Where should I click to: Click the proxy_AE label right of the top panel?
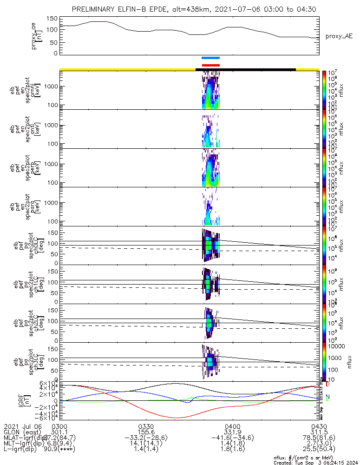[340, 36]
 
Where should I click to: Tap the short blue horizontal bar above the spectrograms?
[210, 58]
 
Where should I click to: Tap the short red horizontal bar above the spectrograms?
[210, 65]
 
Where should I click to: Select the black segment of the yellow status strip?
[246, 70]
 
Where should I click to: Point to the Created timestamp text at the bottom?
[316, 462]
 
